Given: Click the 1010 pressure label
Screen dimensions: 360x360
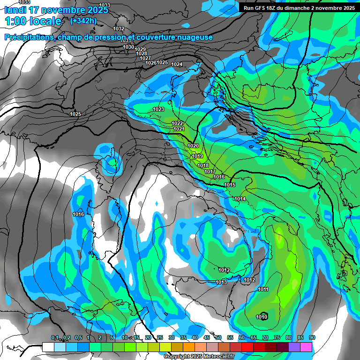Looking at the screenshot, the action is pos(262,317).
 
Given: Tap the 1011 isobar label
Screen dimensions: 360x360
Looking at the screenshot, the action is pos(263,290).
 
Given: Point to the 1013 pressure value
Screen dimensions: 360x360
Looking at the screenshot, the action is pos(221,282).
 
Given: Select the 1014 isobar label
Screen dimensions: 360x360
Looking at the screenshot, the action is pos(240,199).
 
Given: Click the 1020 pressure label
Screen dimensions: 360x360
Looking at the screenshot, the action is pos(193,146).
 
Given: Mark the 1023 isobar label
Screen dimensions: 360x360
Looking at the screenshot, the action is pos(158,109).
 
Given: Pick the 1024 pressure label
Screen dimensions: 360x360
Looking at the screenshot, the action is pos(177,64).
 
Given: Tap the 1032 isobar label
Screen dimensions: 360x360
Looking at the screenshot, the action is pos(119,29).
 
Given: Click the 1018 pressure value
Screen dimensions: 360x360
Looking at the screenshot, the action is pos(203,166).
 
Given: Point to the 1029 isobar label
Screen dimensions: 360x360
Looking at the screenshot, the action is pos(140,49).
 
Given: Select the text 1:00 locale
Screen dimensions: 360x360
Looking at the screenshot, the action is pos(33,21).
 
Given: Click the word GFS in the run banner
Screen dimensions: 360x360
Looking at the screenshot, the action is pos(262,8).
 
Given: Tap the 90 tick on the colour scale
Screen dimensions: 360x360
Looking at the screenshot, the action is pos(312,337).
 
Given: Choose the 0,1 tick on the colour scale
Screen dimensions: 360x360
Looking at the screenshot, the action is pos(55,337).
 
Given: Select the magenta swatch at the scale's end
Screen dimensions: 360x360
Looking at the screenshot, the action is pos(306,347).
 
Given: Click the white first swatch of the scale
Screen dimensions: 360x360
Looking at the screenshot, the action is pos(48,347).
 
